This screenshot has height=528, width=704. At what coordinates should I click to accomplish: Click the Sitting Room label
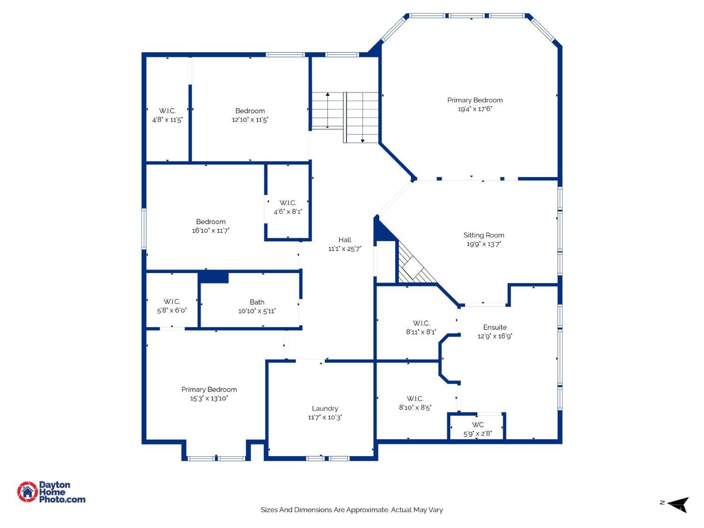[483, 235]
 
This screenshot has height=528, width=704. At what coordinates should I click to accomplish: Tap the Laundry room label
[325, 408]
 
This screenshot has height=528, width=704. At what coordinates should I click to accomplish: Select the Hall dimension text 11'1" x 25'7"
[344, 248]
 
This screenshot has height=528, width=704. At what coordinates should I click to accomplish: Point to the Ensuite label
[495, 327]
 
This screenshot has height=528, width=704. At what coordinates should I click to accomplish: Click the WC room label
[478, 425]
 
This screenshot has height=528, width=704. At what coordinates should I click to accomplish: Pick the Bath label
[257, 302]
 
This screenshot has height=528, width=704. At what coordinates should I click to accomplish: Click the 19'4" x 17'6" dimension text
[474, 109]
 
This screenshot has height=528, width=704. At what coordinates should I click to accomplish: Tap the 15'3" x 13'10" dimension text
[209, 398]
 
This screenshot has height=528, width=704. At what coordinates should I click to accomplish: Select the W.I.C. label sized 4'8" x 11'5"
[167, 111]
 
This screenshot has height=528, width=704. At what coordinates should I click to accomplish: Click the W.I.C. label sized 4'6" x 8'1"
[288, 203]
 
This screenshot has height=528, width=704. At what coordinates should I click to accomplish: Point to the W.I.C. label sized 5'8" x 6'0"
[172, 302]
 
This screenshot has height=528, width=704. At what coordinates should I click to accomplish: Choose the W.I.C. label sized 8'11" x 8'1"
[421, 323]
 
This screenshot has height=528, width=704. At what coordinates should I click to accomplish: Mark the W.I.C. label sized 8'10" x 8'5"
[415, 398]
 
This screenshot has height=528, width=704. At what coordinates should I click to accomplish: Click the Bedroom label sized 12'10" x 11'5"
[250, 111]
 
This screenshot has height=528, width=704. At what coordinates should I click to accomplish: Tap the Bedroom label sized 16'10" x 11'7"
[211, 222]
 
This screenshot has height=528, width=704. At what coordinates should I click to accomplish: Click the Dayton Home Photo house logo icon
[27, 491]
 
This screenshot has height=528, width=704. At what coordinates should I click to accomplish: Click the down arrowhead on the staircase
[362, 141]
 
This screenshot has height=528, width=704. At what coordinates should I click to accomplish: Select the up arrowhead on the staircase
[328, 95]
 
